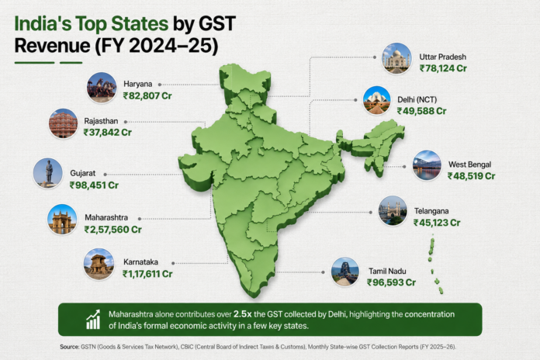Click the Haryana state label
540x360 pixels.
pyautogui.click(x=138, y=84)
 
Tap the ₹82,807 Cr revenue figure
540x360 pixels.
pyautogui.click(x=147, y=95)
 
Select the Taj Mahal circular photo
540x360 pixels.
pyautogui.click(x=396, y=58)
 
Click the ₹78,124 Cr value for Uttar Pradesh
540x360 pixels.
pyautogui.click(x=443, y=68)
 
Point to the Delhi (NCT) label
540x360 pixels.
pyautogui.click(x=417, y=99)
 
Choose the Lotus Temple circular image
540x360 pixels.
pyautogui.click(x=377, y=101)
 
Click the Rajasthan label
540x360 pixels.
pyautogui.click(x=101, y=121)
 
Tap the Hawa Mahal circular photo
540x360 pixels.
pyautogui.click(x=63, y=123)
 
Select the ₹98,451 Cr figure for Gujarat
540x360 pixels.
pyautogui.click(x=94, y=185)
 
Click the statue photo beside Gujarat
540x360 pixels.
pyautogui.click(x=48, y=173)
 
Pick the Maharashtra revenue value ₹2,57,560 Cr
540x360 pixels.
pyautogui.click(x=113, y=230)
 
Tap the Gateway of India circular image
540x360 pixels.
pyautogui.click(x=62, y=220)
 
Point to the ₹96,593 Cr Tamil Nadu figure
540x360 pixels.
pyautogui.click(x=391, y=282)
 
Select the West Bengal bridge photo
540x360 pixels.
pyautogui.click(x=427, y=165)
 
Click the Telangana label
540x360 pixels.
pyautogui.click(x=431, y=211)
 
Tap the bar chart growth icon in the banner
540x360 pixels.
pyautogui.click(x=93, y=320)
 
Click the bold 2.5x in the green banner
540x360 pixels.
pyautogui.click(x=242, y=314)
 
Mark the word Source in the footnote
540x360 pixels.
pyautogui.click(x=70, y=347)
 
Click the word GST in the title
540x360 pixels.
pyautogui.click(x=217, y=24)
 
